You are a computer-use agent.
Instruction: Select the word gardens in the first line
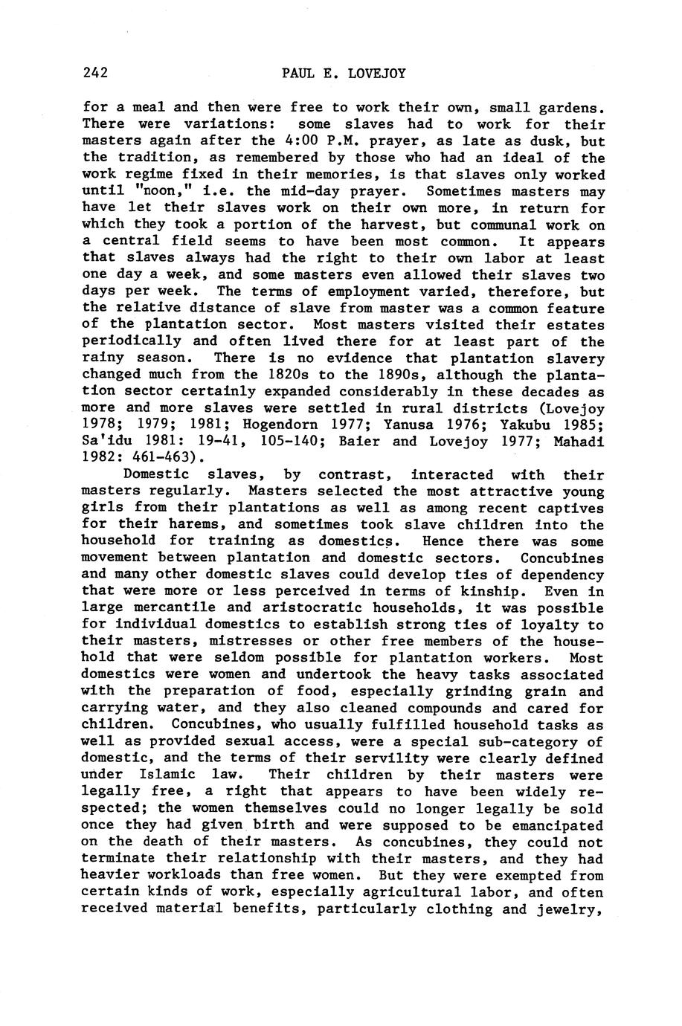(567, 108)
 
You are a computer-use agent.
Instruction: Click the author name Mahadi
(578, 442)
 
